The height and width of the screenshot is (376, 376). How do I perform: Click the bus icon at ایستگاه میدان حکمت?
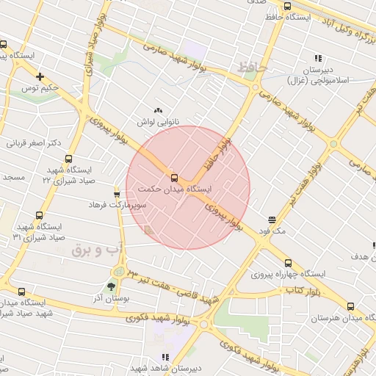pos(174,177)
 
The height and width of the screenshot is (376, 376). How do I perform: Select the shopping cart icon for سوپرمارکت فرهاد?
pos(117,194)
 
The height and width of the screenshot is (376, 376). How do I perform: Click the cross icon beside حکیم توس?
pos(40,76)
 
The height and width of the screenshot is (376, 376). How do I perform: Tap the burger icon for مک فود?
pos(272,220)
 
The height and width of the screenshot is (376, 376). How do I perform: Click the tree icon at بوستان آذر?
pos(112,286)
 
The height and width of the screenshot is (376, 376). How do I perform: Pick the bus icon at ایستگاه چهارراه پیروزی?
pos(286,262)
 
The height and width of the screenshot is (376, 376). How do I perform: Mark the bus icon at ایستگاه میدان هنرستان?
pos(350,307)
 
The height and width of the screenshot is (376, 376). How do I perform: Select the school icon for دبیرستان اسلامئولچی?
pos(318,57)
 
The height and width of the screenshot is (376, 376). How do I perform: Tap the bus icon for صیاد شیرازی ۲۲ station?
pos(69,158)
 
